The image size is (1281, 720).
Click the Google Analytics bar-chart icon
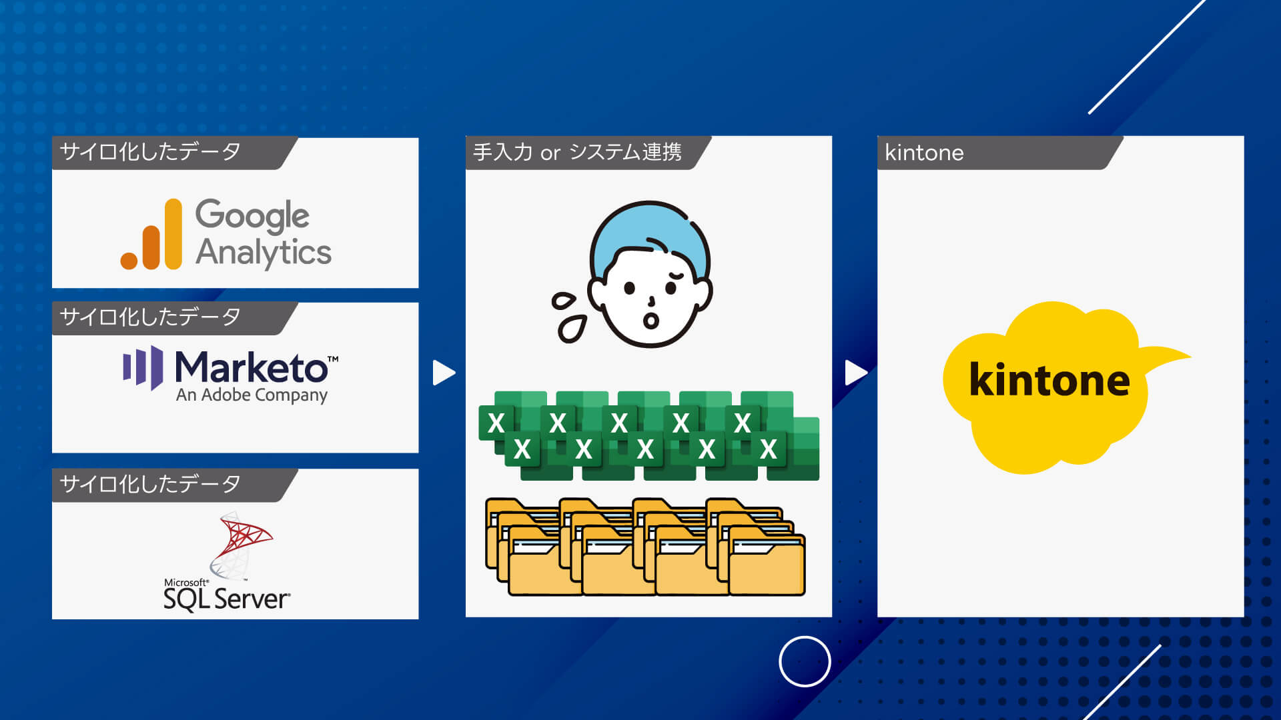pyautogui.click(x=151, y=235)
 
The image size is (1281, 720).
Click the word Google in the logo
pyautogui.click(x=252, y=216)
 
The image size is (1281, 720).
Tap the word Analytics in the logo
pyautogui.click(x=264, y=253)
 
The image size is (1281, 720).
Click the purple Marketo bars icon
pyautogui.click(x=143, y=367)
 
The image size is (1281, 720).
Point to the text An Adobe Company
pyautogui.click(x=252, y=395)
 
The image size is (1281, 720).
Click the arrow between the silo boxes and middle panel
pyautogui.click(x=444, y=373)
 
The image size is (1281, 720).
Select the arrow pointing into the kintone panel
pyautogui.click(x=856, y=373)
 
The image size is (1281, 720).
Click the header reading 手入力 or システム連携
pyautogui.click(x=577, y=153)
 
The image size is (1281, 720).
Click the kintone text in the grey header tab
pyautogui.click(x=924, y=153)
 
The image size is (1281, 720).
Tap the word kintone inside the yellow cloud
pyautogui.click(x=1049, y=380)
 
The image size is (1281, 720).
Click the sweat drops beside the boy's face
pyautogui.click(x=569, y=317)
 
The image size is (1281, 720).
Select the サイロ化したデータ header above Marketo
pyautogui.click(x=150, y=317)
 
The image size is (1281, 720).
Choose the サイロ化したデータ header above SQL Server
pyautogui.click(x=150, y=484)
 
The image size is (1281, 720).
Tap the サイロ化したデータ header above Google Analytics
pyautogui.click(x=150, y=152)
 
